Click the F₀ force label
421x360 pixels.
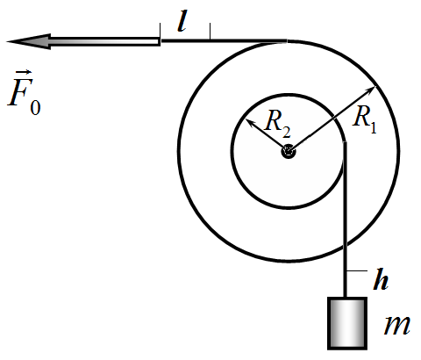tap(24, 92)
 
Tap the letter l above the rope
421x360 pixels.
tap(182, 21)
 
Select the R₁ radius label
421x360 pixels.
tap(365, 119)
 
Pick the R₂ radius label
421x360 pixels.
tap(277, 124)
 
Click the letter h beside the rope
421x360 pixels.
tap(381, 279)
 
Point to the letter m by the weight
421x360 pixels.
tap(397, 326)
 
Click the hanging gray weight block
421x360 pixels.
tap(347, 323)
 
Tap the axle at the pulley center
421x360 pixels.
tap(289, 152)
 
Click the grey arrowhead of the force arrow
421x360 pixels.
tap(29, 41)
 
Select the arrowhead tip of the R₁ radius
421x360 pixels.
tap(375, 86)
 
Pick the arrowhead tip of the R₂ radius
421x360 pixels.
tap(246, 119)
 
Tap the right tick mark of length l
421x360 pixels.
tap(210, 31)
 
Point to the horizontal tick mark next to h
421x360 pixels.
tap(357, 271)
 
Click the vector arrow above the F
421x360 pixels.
tap(24, 72)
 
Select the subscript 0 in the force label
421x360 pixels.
tap(35, 107)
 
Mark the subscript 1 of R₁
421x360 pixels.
tap(374, 127)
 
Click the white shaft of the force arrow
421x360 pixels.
tap(105, 41)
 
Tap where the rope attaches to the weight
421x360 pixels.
tap(346, 297)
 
